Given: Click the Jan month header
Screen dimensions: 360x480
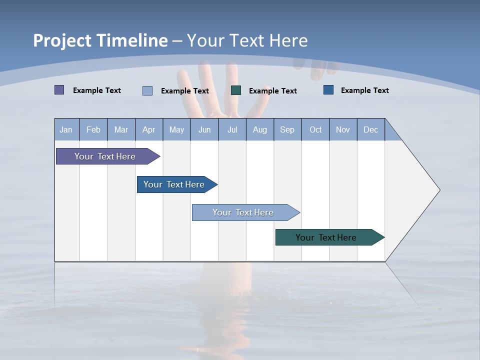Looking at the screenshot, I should pos(66,129).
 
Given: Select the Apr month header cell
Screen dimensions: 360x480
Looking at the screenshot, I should pos(148,129).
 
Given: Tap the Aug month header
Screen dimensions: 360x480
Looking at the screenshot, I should pos(259,129).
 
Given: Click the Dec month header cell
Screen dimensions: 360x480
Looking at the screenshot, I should pos(370,129).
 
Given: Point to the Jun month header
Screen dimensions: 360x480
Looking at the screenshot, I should pos(204,129).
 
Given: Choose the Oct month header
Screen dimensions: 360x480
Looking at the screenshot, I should pos(315,129).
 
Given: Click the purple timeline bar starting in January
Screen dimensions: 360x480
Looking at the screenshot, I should pos(105,156).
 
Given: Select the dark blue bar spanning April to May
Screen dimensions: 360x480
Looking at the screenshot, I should pos(174,184).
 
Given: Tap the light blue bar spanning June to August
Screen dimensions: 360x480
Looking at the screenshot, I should pos(243,212).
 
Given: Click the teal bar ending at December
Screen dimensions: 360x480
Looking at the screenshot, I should pos(326,237).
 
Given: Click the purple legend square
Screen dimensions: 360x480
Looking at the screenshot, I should pos(59,90).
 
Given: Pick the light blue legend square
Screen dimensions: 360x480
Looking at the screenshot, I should pos(147,90).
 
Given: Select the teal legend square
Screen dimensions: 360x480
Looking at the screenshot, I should pos(236,90).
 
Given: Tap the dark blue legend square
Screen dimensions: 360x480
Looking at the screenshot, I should pos(328,90).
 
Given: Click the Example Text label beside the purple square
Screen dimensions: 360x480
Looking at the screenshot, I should pos(97,90).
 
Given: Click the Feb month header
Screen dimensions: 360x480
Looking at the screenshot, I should pos(93,129).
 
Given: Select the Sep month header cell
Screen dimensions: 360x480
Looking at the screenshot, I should pos(287,129).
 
